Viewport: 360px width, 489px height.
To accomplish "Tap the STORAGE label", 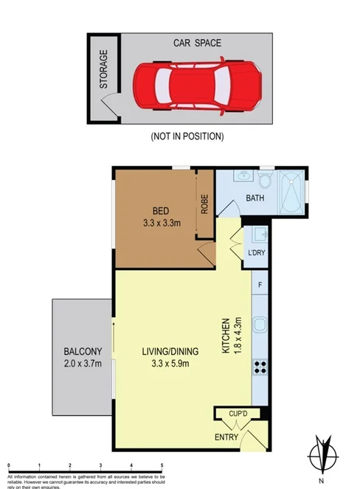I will tap(104, 69).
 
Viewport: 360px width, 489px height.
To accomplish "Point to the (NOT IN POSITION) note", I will tap(187, 136).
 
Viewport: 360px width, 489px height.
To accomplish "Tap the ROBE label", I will tap(204, 204).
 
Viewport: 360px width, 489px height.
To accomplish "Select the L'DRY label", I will tap(257, 254).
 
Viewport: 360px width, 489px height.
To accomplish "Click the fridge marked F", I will tap(259, 284).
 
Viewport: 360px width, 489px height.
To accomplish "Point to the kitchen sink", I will tap(260, 325).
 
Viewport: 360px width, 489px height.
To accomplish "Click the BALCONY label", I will tap(83, 350).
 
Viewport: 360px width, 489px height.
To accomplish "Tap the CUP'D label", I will tap(237, 415).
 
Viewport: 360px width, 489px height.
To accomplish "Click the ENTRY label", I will tap(226, 437).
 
